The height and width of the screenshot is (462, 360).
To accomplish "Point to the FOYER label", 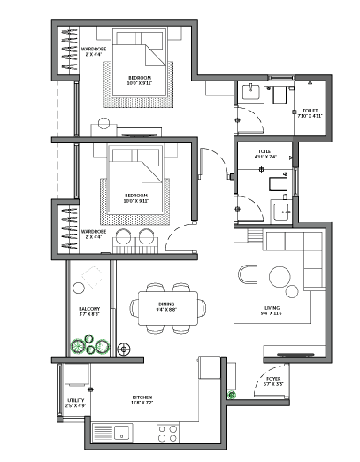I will [x=273, y=381].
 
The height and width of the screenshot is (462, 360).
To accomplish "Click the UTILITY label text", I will [x=75, y=403].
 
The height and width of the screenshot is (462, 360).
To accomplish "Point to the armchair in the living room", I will [x=248, y=275].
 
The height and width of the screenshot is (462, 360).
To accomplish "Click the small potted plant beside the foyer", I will [x=233, y=395].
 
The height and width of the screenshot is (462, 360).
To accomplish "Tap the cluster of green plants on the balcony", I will [x=86, y=344].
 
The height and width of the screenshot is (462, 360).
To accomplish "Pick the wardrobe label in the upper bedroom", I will [x=95, y=52].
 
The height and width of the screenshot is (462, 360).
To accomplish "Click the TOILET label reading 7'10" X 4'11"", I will [x=310, y=113].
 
